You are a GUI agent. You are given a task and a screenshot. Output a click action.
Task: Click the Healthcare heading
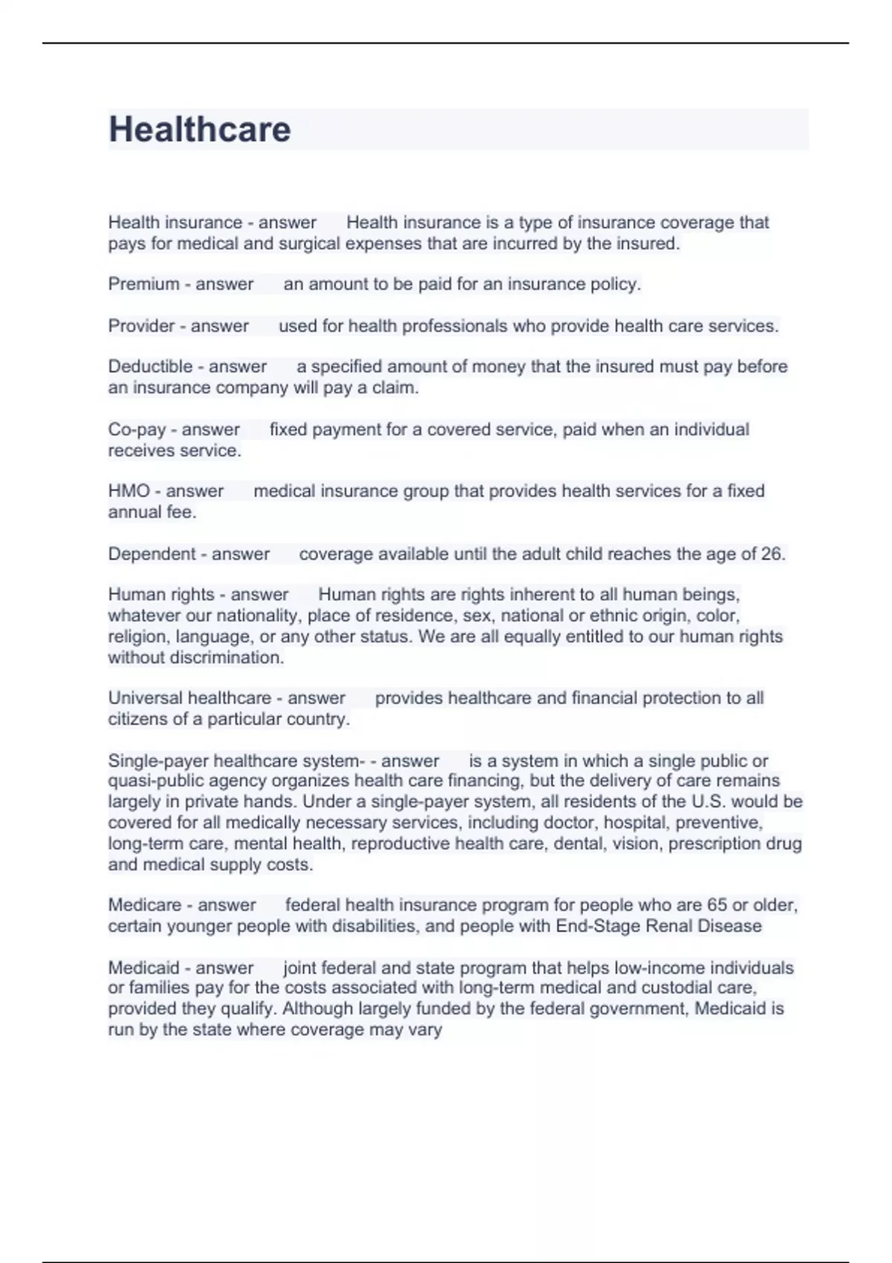tap(199, 129)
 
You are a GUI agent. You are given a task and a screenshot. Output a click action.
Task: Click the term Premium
tap(143, 284)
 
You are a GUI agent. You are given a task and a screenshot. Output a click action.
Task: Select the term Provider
tap(140, 325)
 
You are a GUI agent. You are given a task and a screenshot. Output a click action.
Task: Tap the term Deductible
tap(150, 366)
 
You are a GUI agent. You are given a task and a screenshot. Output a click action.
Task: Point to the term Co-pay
tap(137, 429)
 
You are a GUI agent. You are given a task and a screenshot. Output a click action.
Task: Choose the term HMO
tap(129, 491)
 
